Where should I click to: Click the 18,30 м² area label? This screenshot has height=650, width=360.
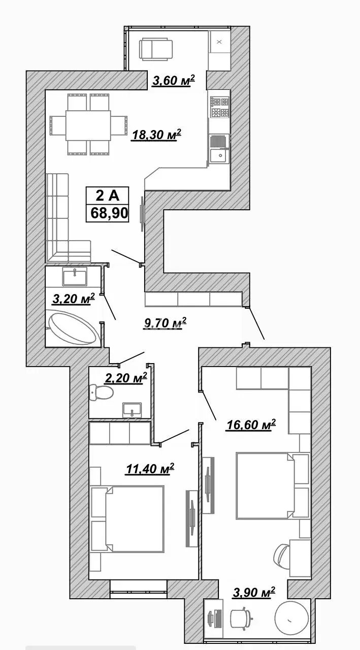pos(156,135)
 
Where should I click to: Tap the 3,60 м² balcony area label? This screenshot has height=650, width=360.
pos(174,80)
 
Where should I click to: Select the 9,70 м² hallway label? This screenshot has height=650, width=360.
pos(165,323)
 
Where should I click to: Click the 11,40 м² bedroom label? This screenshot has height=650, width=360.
pos(150,468)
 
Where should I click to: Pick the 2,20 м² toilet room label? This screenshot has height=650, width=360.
pos(126,378)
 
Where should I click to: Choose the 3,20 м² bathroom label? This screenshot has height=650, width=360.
pos(74,299)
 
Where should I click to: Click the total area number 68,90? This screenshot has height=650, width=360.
pos(109,213)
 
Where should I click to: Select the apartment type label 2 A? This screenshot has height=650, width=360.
pos(107,196)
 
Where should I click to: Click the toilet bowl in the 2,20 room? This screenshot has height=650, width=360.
pos(101,392)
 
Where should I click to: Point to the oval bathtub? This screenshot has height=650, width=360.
pos(73,326)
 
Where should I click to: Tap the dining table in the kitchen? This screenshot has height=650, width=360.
pos(88,125)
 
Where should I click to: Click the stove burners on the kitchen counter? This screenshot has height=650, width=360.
pos(220,107)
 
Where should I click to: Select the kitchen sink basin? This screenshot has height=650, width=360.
pos(220,155)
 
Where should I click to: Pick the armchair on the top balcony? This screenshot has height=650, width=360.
pos(156,50)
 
